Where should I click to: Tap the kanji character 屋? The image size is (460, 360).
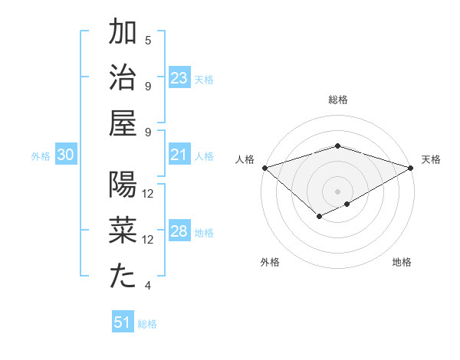coord(123,123)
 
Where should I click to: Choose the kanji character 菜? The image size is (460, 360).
coord(123,231)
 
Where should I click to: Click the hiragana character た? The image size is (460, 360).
coord(123,277)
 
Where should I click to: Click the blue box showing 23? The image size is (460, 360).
coord(179,77)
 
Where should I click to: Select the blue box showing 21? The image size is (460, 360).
coord(179,155)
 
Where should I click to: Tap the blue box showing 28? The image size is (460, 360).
coord(179,232)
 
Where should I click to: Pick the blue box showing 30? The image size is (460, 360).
coord(66,155)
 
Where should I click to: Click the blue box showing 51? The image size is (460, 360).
coord(123,322)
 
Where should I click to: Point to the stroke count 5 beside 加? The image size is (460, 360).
coord(148,40)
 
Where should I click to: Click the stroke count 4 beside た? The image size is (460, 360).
coord(148,286)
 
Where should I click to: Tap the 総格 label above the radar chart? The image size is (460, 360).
coord(337,100)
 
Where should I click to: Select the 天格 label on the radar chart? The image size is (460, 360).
coord(431,159)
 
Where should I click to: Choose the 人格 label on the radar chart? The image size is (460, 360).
coord(245,159)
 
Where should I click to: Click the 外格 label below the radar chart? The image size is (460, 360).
coord(269,262)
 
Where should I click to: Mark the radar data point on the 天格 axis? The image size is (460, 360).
coord(412,168)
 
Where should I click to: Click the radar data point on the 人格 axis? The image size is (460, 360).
coord(264,168)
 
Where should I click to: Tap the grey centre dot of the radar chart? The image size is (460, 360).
coord(337,191)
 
